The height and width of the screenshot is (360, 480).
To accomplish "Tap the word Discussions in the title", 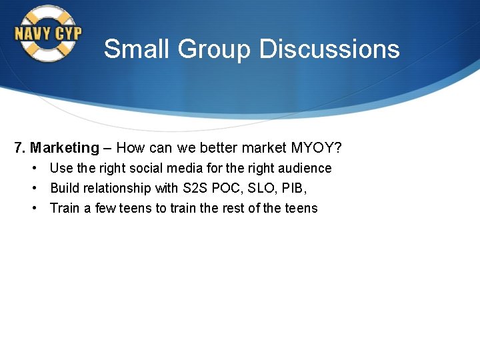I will (329, 49).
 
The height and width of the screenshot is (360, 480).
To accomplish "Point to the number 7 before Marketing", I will (18, 147).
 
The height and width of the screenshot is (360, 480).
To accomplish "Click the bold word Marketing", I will (64, 147).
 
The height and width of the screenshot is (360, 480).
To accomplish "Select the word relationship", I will (117, 188).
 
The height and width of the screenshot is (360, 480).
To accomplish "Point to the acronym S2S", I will (195, 188).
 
